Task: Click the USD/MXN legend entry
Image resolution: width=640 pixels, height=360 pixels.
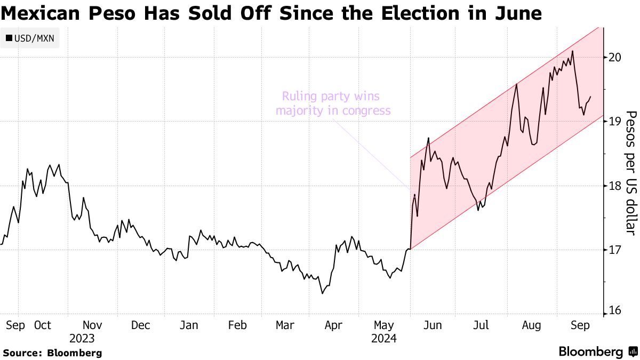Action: (x=30, y=38)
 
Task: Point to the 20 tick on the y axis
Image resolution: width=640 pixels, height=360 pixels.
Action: (x=614, y=58)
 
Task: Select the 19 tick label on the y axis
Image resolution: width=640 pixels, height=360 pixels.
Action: (x=614, y=122)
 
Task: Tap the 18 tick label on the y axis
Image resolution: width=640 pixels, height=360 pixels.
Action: (x=614, y=186)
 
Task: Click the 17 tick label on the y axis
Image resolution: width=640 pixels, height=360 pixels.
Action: (x=614, y=250)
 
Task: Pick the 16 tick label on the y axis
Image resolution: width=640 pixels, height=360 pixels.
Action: (x=614, y=311)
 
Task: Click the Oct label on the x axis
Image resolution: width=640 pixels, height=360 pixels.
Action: (x=42, y=325)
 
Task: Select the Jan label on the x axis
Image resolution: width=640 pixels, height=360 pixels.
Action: (x=189, y=325)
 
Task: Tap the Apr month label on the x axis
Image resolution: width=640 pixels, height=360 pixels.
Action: (x=334, y=325)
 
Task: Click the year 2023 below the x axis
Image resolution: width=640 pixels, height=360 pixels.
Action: (x=82, y=338)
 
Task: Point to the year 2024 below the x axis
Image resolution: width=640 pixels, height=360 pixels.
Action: (x=384, y=338)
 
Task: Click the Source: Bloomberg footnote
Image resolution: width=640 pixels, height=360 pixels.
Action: (x=52, y=353)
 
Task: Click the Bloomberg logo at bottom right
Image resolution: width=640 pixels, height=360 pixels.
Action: (x=597, y=352)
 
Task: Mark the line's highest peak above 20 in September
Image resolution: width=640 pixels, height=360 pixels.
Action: (x=572, y=51)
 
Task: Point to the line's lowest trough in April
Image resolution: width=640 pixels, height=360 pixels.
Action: (x=322, y=293)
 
